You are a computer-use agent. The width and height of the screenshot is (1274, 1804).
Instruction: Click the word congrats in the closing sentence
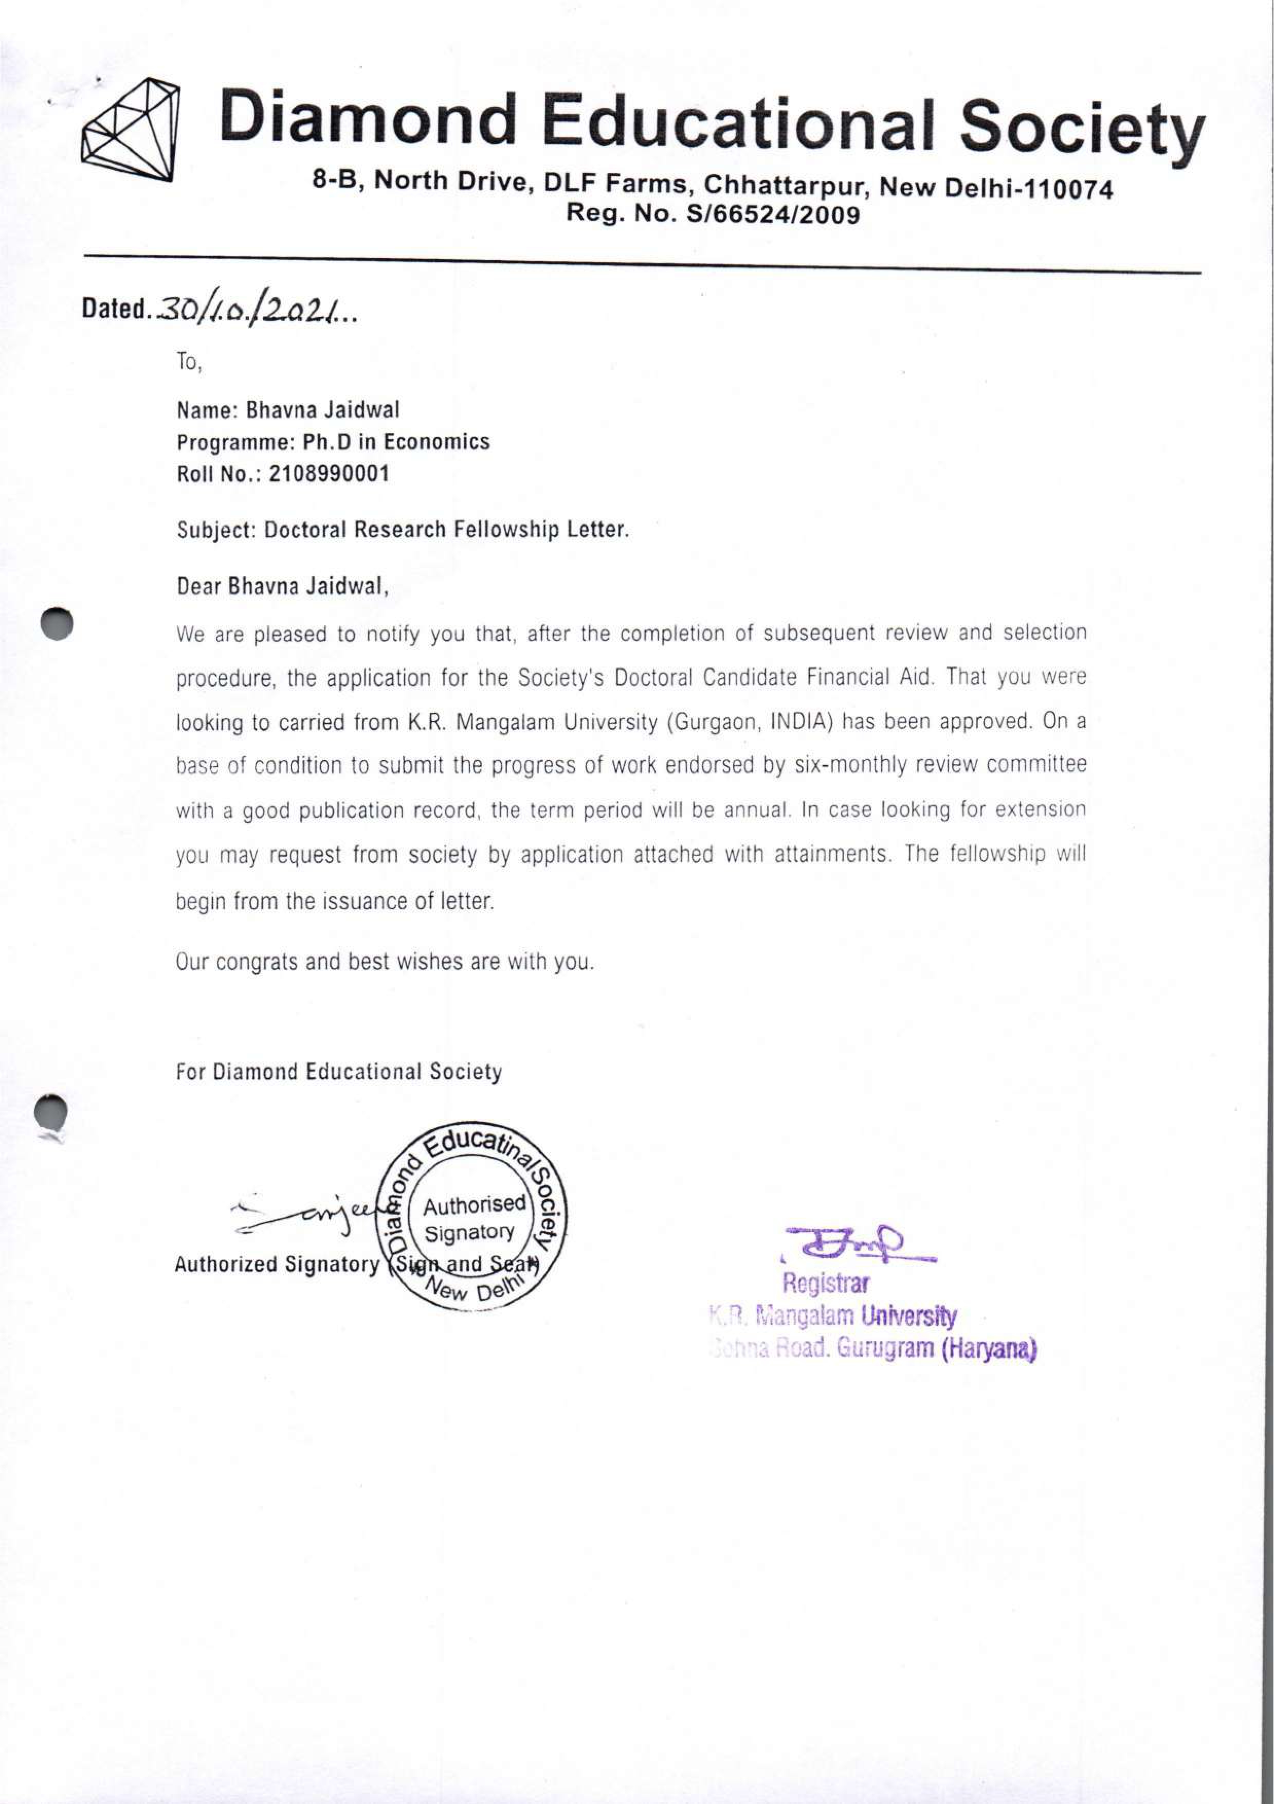(x=258, y=962)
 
